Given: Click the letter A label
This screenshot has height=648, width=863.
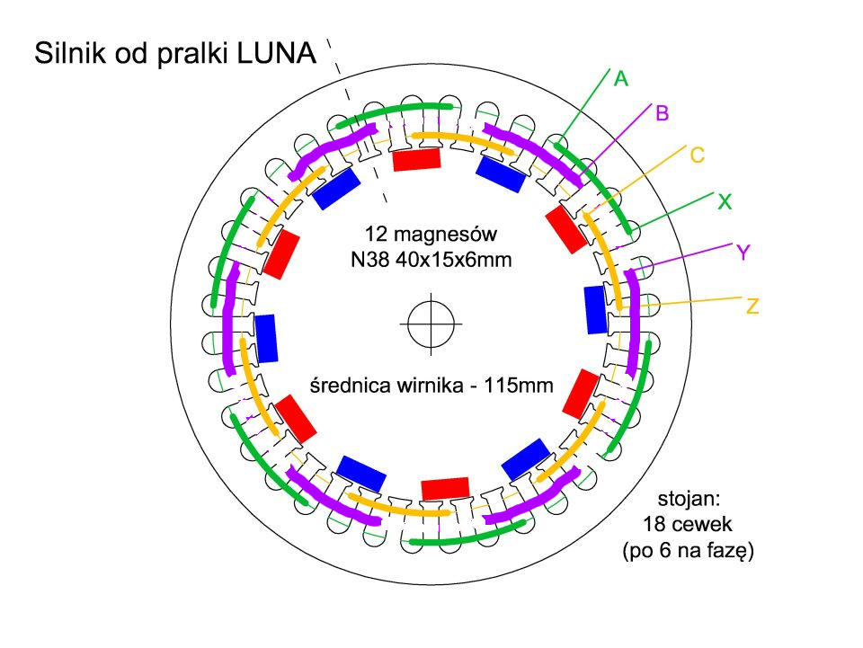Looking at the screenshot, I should coord(620,79).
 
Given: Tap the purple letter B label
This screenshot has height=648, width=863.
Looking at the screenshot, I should coord(663,113).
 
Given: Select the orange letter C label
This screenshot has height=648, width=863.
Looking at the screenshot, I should coord(697,155).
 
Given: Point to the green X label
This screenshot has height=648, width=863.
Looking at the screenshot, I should coord(724,203).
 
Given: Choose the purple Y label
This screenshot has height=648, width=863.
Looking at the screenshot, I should coord(743,253).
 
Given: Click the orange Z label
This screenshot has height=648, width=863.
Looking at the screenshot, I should coord(752,307).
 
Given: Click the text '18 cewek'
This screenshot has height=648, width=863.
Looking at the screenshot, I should coord(689,523).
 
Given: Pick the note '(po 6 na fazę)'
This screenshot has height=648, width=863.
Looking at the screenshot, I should coord(689,552).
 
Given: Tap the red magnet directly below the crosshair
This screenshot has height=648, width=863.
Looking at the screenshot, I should coord(445,488).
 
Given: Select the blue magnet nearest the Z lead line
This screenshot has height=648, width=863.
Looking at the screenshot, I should coord(595,308).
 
